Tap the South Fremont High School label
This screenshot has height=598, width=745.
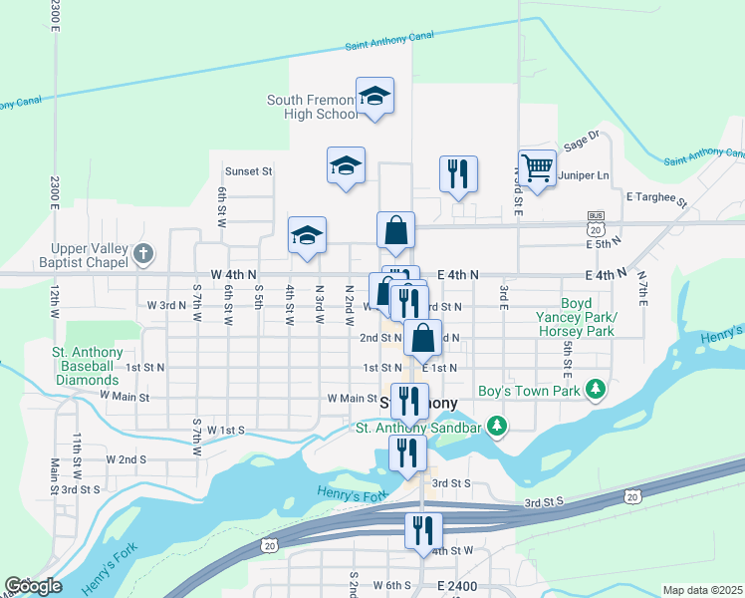312,107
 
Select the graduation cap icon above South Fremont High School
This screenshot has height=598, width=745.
375,96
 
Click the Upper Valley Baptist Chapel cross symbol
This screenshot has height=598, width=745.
143,253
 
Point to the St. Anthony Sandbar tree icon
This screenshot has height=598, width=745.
497,428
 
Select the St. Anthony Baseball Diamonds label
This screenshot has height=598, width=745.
88,365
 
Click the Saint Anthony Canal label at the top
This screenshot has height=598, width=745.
391,41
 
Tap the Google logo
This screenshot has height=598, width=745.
33,586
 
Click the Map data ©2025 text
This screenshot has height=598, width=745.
702,590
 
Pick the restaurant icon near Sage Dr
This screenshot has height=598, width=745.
459,173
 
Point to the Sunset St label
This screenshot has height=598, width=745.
248,171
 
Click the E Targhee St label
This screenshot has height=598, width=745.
657,198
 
